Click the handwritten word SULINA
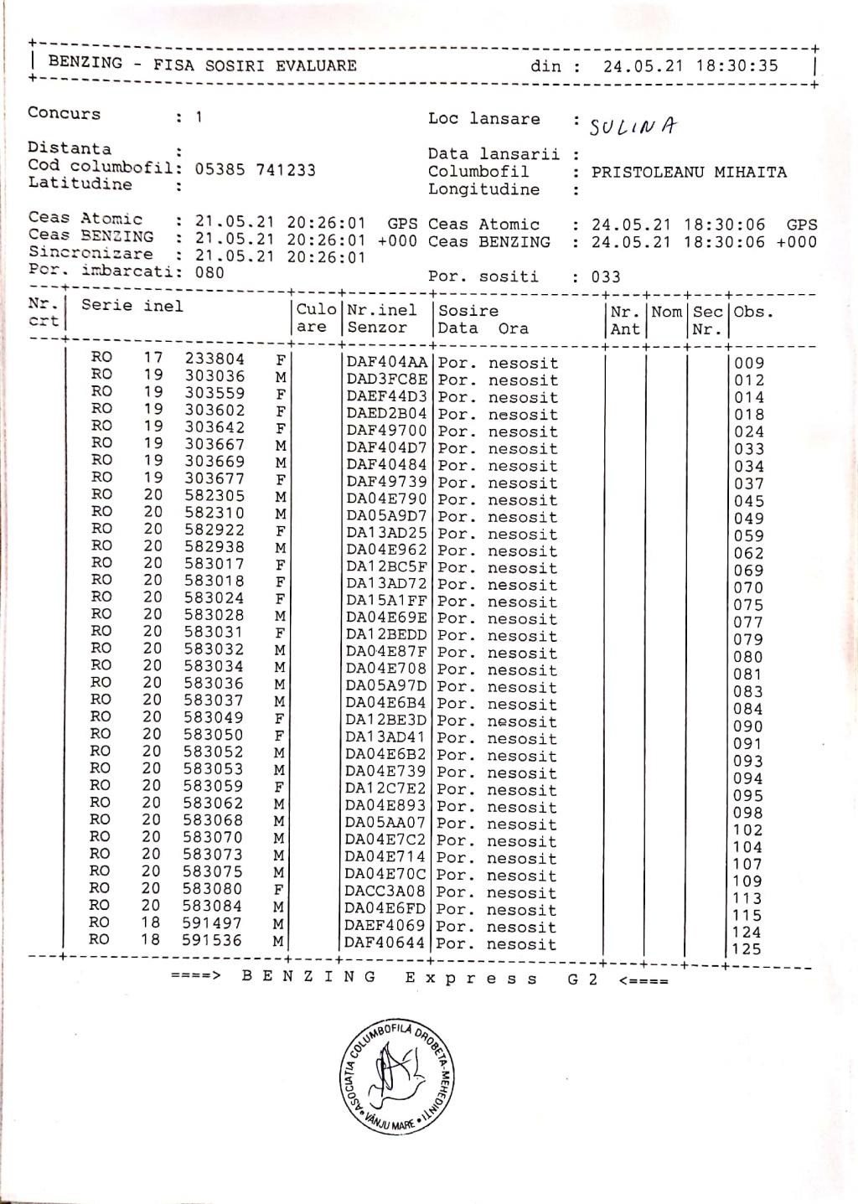[x=633, y=127]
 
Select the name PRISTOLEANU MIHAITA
[x=689, y=173]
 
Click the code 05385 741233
[x=256, y=170]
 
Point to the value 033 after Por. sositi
[x=606, y=277]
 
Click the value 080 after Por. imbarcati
[x=209, y=272]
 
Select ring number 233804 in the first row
[x=215, y=359]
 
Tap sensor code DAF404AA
[x=386, y=363]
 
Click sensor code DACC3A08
[x=385, y=892]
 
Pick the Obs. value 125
[x=747, y=949]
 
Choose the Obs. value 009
[x=749, y=364]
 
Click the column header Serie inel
[x=132, y=306]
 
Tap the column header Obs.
[x=753, y=313]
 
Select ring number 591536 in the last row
[x=212, y=940]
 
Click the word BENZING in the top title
[x=85, y=63]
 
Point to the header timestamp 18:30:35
[x=736, y=66]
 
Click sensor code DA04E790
[x=386, y=499]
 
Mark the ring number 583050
[x=214, y=734]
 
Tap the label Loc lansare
[x=483, y=119]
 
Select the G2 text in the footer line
[x=582, y=979]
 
